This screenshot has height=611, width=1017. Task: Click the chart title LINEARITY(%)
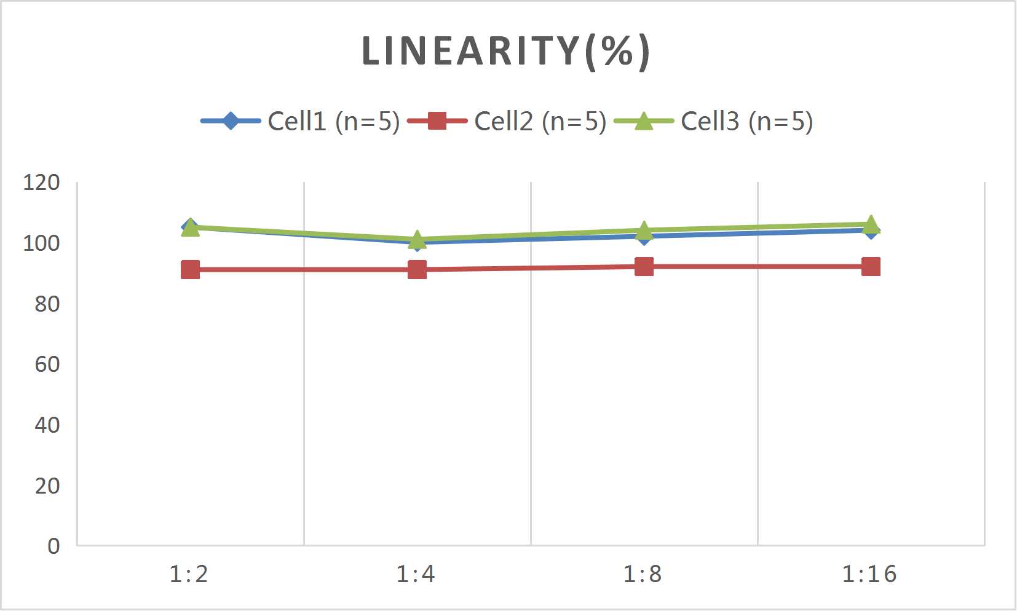pyautogui.click(x=505, y=51)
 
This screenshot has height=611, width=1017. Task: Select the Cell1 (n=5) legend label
pyautogui.click(x=334, y=121)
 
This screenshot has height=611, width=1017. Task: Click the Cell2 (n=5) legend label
pyautogui.click(x=540, y=121)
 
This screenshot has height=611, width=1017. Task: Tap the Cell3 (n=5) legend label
pyautogui.click(x=747, y=121)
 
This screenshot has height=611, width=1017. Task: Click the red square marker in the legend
pyautogui.click(x=437, y=121)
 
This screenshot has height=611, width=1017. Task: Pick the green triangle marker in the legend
pyautogui.click(x=643, y=121)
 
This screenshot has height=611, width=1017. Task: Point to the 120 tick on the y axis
pyautogui.click(x=41, y=183)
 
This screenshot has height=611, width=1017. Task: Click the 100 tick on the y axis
pyautogui.click(x=41, y=243)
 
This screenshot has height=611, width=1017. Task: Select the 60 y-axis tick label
pyautogui.click(x=47, y=365)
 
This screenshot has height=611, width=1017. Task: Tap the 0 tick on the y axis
pyautogui.click(x=53, y=546)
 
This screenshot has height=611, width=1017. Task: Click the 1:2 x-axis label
pyautogui.click(x=189, y=575)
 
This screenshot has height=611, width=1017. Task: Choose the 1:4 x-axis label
pyautogui.click(x=416, y=575)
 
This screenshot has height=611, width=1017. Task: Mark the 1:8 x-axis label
pyautogui.click(x=643, y=575)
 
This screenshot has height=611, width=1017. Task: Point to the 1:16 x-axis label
pyautogui.click(x=869, y=575)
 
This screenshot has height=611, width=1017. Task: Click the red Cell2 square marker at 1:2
pyautogui.click(x=191, y=270)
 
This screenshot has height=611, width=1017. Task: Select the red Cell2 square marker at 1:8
pyautogui.click(x=644, y=267)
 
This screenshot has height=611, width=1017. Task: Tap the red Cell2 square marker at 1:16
pyautogui.click(x=871, y=267)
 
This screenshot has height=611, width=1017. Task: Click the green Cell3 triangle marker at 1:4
pyautogui.click(x=417, y=238)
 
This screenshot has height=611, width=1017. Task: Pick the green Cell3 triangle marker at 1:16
pyautogui.click(x=871, y=224)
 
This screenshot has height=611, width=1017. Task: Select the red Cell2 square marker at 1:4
pyautogui.click(x=417, y=270)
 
